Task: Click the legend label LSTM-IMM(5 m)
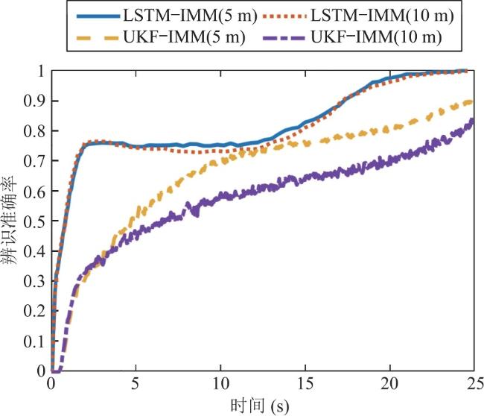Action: tap(190, 16)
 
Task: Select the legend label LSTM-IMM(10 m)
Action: tap(382, 16)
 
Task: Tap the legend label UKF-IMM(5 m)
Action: tap(184, 37)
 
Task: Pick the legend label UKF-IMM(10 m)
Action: tap(376, 37)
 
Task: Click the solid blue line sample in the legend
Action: tap(98, 16)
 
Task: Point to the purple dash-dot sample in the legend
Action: tap(284, 38)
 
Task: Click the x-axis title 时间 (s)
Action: tap(260, 406)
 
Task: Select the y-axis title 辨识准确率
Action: tap(10, 221)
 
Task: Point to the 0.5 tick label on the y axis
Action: tap(34, 221)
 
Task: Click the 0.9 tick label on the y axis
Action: tap(34, 101)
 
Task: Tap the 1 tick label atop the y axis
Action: tap(41, 71)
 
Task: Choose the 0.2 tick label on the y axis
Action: tap(34, 311)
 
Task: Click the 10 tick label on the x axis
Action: tap(220, 384)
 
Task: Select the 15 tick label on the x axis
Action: tap(305, 384)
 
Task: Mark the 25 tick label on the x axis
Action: tap(474, 384)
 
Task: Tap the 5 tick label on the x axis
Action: tap(136, 384)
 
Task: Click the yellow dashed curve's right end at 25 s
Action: tap(473, 101)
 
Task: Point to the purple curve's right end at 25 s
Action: tap(473, 119)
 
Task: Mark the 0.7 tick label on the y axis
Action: tap(34, 161)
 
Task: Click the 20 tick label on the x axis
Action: tap(390, 384)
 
